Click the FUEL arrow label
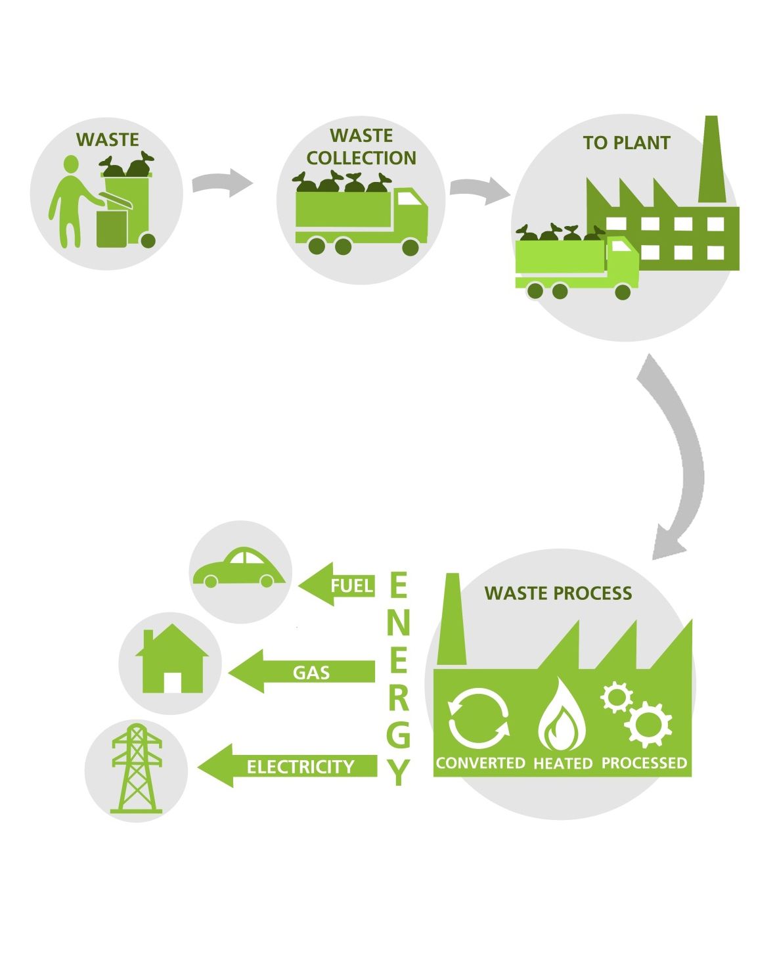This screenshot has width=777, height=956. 351,585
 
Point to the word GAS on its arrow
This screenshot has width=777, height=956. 311,673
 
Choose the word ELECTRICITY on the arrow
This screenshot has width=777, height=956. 301,767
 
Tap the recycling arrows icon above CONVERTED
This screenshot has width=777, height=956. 479,718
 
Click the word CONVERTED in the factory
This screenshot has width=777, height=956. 481,763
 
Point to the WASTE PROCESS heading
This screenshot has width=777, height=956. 558,593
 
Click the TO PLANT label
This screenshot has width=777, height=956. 627,143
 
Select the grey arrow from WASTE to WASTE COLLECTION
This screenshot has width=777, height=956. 222,182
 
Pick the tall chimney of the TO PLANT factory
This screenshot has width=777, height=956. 712,159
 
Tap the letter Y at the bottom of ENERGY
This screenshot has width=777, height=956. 399,772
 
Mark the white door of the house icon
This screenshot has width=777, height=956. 173,682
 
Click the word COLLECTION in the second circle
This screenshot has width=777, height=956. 361,158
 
